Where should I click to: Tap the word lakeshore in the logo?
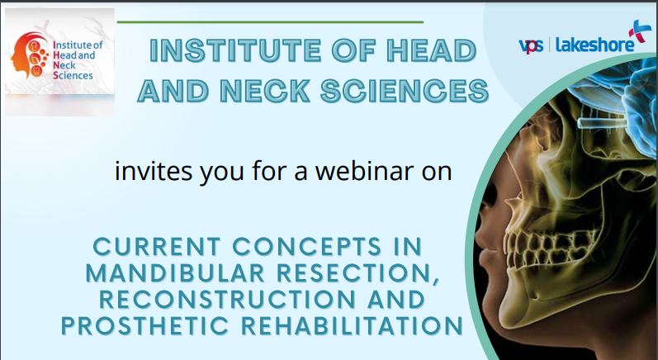tap(593, 45)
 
